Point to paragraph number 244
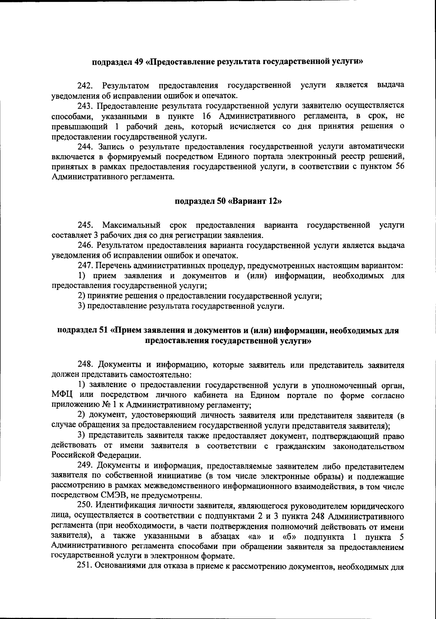click(86, 147)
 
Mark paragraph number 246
click(86, 245)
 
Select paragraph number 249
click(86, 466)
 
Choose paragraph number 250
click(86, 506)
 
